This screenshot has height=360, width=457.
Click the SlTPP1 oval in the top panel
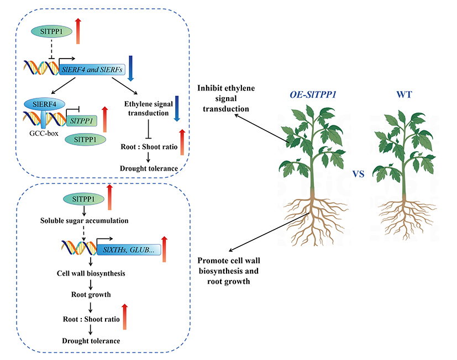click(51, 33)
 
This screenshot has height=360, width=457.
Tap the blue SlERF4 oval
click(44, 104)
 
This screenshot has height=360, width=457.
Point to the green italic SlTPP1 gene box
click(81, 120)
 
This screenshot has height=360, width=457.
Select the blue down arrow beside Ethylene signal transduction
click(177, 107)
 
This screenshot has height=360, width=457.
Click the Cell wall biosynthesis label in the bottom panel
click(91, 273)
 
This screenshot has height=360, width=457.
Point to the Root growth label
click(91, 295)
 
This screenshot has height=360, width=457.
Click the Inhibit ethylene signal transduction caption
click(222, 98)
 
